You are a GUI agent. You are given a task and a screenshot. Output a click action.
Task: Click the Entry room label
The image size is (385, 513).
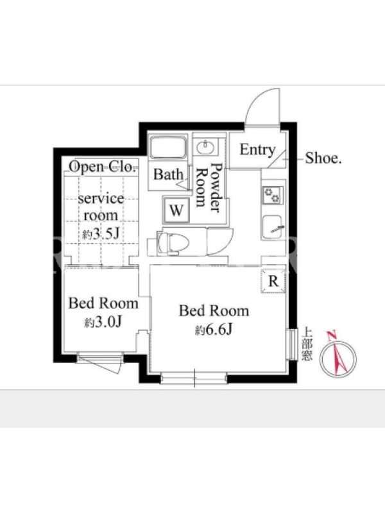tap(257, 150)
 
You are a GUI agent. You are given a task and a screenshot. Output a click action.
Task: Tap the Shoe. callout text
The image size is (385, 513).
tap(323, 158)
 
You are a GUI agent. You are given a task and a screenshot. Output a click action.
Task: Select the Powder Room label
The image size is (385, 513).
tap(210, 187)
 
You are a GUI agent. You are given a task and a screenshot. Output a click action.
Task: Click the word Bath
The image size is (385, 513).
tap(168, 174)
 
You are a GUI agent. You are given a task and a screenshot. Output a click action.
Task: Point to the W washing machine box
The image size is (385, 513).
tap(176, 210)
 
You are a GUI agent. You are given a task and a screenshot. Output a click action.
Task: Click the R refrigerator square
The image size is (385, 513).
tap(273, 281)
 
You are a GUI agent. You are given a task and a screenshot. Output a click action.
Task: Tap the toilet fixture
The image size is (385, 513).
tap(172, 242)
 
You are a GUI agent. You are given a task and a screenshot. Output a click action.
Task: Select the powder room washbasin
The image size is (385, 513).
tap(206, 147)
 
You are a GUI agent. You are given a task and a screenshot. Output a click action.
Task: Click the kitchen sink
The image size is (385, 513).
tap(272, 226)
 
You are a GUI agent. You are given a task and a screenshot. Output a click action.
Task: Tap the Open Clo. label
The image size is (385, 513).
tap(103, 167)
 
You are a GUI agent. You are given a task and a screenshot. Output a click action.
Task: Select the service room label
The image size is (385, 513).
tap(101, 206)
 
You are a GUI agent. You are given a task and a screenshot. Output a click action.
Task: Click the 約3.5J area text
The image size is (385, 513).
tap(101, 233)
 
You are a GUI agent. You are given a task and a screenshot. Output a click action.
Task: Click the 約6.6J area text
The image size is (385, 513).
tap(214, 330)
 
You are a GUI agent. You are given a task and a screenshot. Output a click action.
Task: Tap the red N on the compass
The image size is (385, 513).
tap(332, 336)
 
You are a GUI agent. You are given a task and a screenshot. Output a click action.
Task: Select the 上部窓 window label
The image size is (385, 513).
tap(307, 344)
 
